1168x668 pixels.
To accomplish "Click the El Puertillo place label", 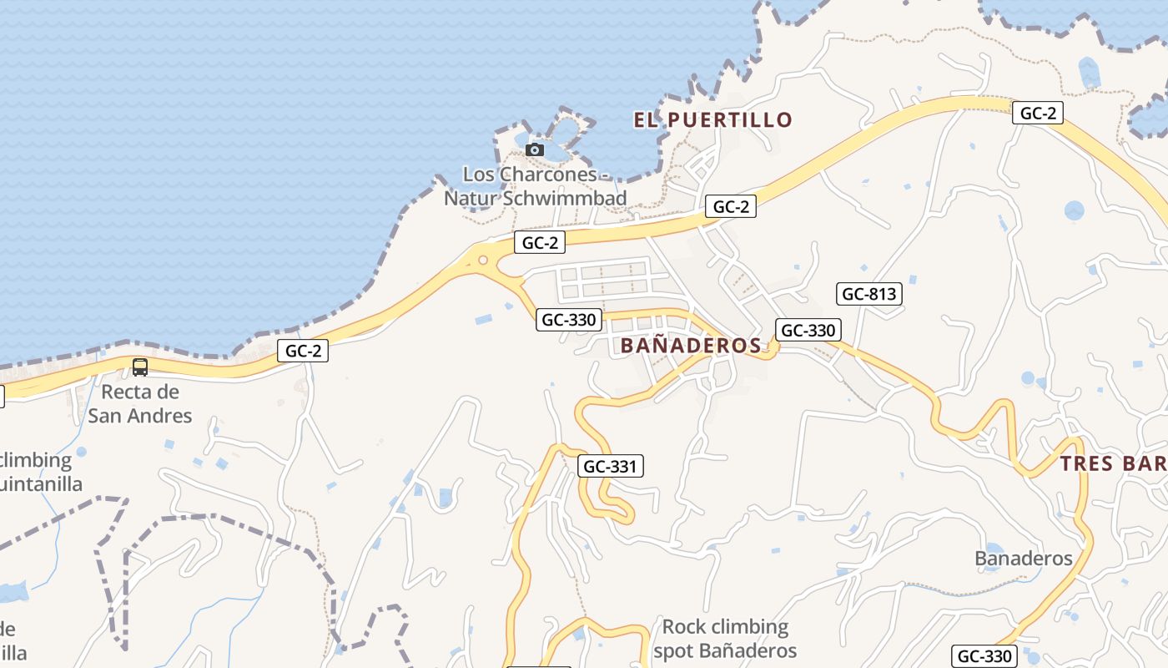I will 712,120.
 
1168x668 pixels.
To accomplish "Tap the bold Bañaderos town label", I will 691,346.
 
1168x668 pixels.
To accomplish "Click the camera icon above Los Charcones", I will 535,150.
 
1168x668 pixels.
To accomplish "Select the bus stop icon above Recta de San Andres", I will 140,367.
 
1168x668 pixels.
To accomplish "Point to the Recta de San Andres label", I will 140,403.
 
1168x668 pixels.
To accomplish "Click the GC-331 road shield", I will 612,467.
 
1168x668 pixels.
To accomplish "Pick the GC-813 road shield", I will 869,294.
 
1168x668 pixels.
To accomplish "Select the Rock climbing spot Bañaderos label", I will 724,639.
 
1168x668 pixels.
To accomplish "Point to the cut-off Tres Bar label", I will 1113,464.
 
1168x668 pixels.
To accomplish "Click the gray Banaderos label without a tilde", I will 1024,559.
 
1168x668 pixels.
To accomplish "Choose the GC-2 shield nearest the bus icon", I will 303,352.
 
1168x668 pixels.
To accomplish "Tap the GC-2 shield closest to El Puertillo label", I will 731,207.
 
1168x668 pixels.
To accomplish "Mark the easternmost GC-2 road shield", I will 1038,114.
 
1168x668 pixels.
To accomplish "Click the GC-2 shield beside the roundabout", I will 540,243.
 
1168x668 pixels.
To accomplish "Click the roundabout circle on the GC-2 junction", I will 483,261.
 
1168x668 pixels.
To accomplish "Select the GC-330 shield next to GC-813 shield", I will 807,330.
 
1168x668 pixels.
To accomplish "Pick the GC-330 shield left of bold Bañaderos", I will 569,320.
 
